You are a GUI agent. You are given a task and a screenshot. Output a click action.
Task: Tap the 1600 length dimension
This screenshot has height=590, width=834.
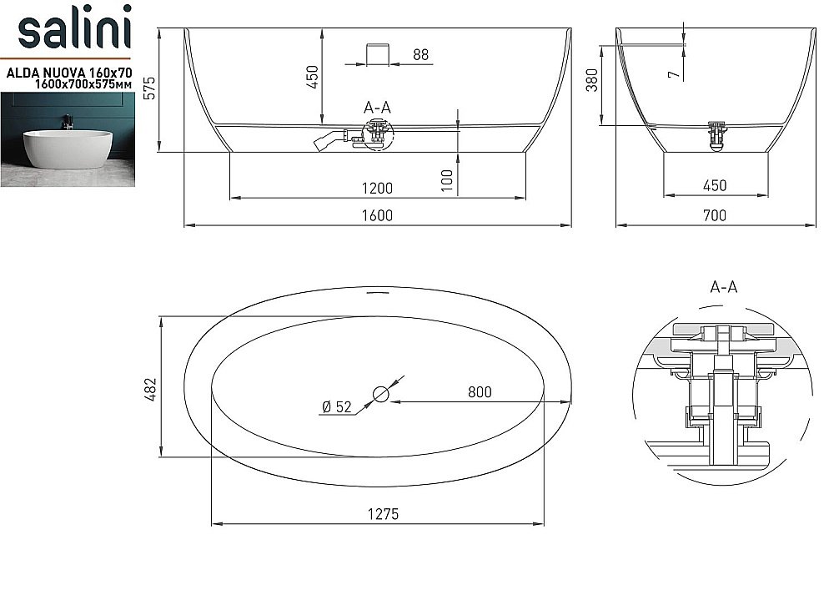point(378,215)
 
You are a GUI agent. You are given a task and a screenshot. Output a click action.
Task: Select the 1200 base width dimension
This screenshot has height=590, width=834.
point(378,188)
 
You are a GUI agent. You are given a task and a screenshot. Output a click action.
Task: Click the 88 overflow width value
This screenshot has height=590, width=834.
point(420,55)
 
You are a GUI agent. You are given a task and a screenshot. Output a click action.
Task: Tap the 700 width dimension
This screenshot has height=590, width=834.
point(715,215)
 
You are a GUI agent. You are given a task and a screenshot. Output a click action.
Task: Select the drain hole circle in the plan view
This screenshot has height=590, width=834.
point(381,393)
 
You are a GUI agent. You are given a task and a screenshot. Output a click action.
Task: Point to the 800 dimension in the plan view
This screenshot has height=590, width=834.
point(480,391)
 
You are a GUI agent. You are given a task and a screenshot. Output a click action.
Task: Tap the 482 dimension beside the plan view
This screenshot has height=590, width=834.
point(151,387)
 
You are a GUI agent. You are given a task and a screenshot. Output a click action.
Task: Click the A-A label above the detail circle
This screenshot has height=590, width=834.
point(723,287)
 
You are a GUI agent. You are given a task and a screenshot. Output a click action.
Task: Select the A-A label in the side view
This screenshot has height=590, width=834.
point(378,107)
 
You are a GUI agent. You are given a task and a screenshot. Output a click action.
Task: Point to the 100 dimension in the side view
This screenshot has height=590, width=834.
point(447,180)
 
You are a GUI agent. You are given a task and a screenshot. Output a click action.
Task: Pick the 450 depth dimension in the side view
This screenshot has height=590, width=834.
point(313,78)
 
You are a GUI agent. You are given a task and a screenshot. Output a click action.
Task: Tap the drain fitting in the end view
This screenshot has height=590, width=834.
point(716,135)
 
